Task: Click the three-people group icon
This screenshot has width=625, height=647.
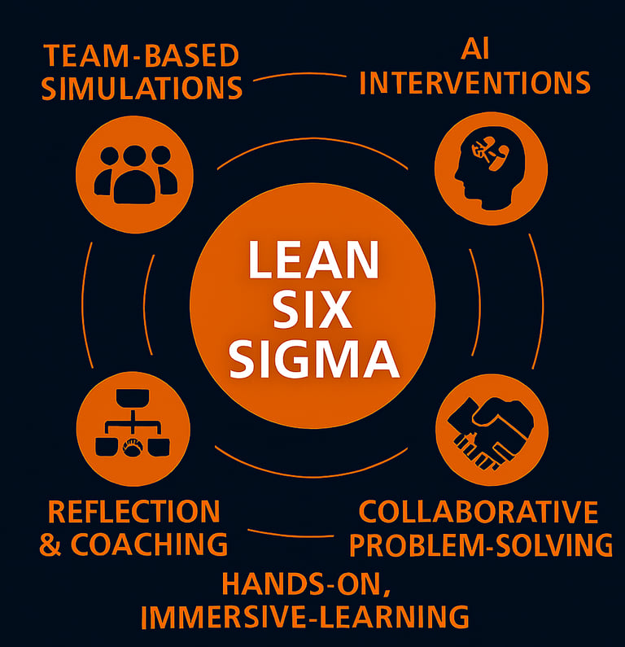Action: (x=135, y=173)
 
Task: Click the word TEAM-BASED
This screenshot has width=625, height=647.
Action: (x=142, y=56)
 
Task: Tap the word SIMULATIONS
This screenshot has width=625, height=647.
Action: (x=142, y=88)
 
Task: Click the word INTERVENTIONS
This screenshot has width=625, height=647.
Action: (x=475, y=84)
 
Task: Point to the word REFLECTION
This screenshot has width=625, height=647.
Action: (x=134, y=512)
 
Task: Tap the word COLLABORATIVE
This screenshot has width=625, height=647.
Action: (x=479, y=513)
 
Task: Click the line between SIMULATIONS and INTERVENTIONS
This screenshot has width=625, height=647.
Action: (x=300, y=77)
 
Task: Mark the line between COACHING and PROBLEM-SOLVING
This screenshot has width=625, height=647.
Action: (x=289, y=535)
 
